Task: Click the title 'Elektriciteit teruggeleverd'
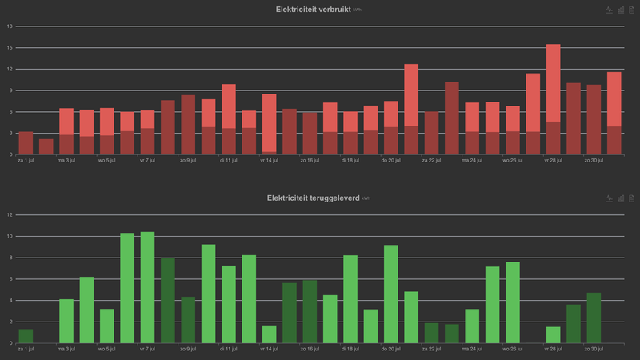click(x=313, y=198)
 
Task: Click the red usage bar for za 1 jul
click(x=26, y=143)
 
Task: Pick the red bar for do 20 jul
click(x=390, y=128)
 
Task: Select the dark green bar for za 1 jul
click(x=26, y=336)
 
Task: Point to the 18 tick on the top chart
click(x=10, y=26)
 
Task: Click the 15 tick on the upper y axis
click(x=10, y=47)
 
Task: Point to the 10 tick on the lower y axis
click(x=10, y=236)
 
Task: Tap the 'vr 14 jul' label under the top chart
click(x=269, y=160)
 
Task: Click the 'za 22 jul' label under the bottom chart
click(x=431, y=349)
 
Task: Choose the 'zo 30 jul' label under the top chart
click(x=593, y=160)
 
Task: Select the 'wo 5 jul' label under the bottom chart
click(x=106, y=349)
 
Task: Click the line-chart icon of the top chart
click(x=609, y=10)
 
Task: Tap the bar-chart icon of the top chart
click(x=620, y=10)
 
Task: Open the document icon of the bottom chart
click(x=630, y=198)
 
